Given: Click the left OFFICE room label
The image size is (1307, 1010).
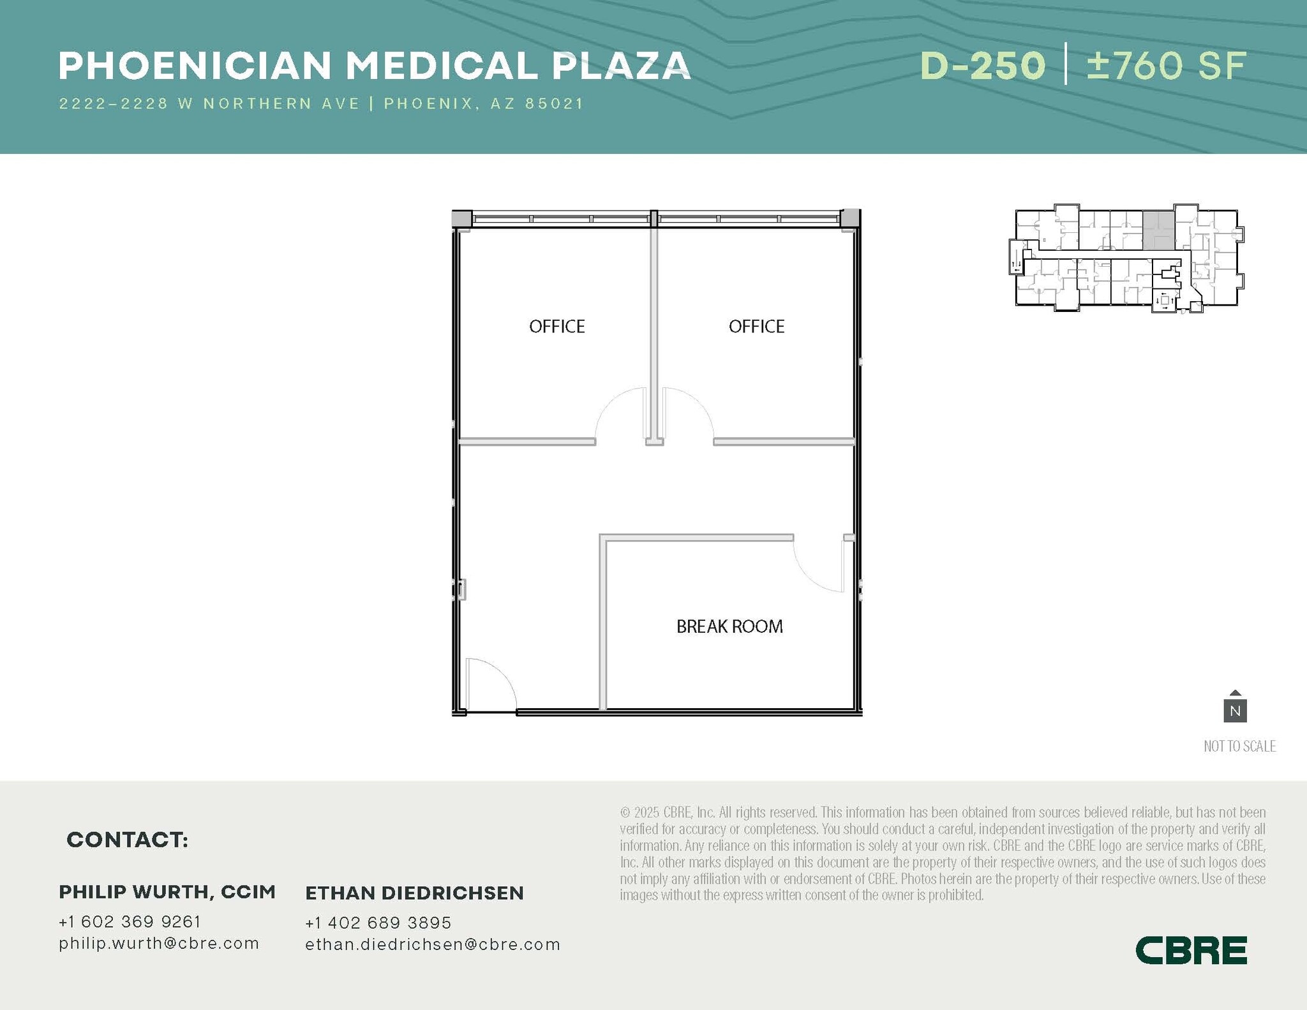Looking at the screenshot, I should [556, 327].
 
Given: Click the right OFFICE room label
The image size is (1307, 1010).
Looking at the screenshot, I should [756, 327].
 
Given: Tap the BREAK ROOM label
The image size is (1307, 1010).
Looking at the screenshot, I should [729, 627].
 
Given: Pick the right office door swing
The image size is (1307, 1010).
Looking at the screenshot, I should [687, 413].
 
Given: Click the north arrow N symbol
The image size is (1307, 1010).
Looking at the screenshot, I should [1235, 709].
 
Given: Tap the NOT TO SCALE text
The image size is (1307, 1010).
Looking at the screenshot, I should [1239, 746].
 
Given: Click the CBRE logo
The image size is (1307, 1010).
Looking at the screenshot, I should [1191, 950].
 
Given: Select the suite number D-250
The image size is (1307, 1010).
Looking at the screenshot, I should [983, 66].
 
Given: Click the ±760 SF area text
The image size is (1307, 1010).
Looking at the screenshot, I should [1167, 66].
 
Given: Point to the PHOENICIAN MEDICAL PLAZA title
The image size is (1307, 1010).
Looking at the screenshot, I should [375, 66].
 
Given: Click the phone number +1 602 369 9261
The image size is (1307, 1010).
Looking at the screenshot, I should [130, 921].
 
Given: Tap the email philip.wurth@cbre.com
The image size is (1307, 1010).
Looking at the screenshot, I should [159, 943].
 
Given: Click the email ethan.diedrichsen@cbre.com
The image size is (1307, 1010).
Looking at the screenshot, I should [433, 944].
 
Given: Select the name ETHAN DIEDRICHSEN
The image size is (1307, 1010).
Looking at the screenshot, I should [414, 893].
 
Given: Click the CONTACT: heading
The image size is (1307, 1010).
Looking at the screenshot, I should [128, 840].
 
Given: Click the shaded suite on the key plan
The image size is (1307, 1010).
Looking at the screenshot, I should [1158, 230].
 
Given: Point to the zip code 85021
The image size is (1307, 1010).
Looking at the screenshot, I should [555, 103].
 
